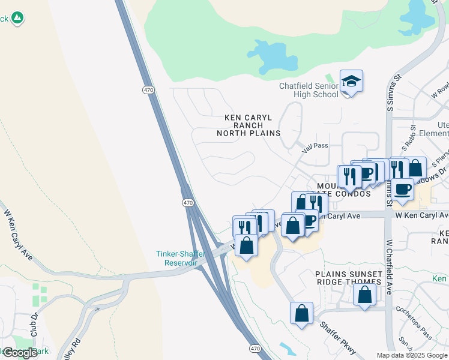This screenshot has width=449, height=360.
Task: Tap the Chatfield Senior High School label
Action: [x=309, y=90]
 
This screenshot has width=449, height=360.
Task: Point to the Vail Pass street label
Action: [x=315, y=146]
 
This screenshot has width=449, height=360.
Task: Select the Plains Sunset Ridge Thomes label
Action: [x=349, y=278]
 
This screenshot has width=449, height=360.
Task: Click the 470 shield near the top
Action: [x=148, y=90]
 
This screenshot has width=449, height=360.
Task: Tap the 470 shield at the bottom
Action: [x=255, y=348]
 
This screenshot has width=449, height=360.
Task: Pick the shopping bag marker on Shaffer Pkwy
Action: [x=301, y=313]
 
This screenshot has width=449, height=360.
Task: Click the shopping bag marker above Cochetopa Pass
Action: [x=364, y=295]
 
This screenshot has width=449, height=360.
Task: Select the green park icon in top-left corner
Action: [x=18, y=19]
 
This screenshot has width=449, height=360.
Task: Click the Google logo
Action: [x=20, y=353]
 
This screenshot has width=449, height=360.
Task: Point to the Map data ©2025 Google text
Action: [x=412, y=355]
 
